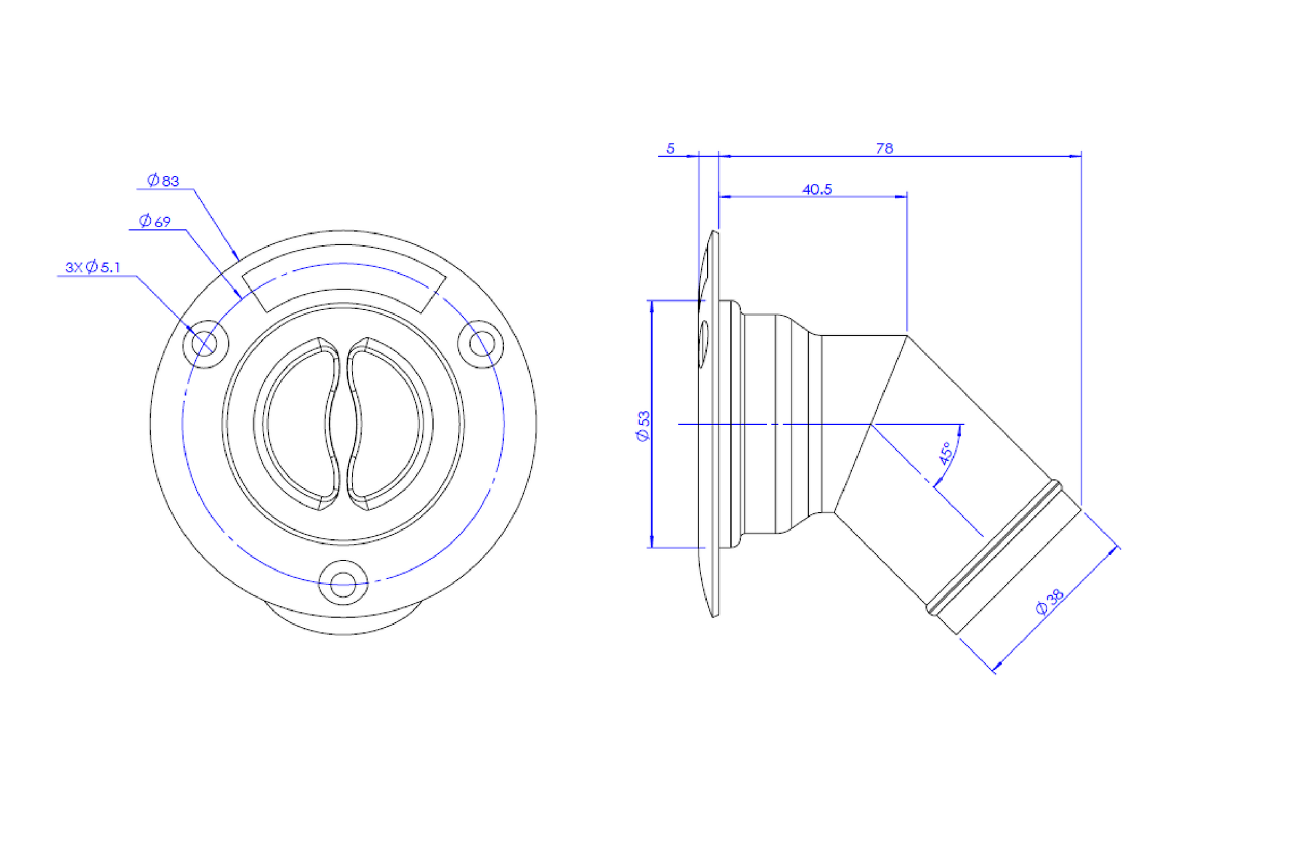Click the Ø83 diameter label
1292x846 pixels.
(163, 180)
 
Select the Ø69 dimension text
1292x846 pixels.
(155, 221)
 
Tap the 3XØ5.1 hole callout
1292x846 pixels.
(93, 267)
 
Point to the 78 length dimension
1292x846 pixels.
(884, 148)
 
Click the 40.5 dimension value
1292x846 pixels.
(817, 189)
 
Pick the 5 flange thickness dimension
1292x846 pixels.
(671, 148)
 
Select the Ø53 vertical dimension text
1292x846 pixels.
(643, 426)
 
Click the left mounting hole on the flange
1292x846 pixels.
(205, 344)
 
